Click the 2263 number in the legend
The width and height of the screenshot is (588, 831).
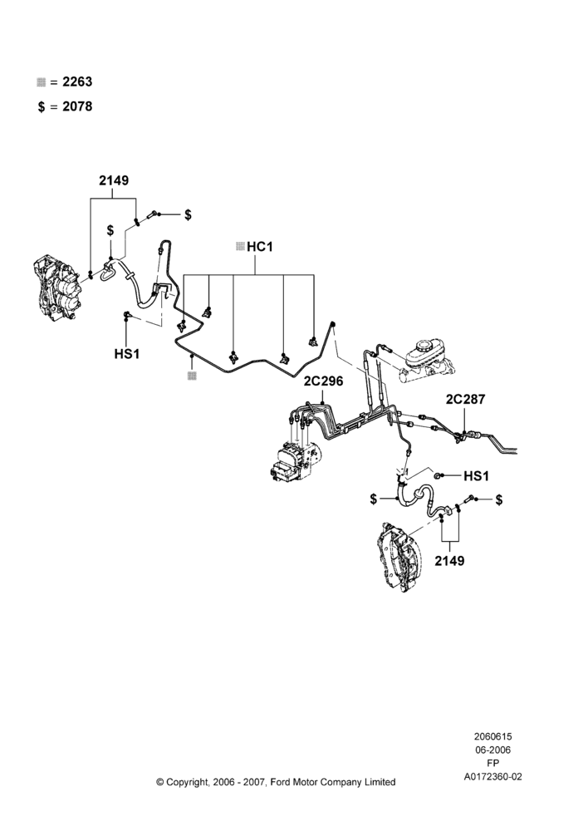pyautogui.click(x=77, y=81)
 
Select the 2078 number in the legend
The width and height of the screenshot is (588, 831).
pyautogui.click(x=77, y=106)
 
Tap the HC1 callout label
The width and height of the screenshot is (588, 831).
pyautogui.click(x=260, y=247)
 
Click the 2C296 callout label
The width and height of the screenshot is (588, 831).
pyautogui.click(x=323, y=381)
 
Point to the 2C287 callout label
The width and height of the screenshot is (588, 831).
pyautogui.click(x=465, y=399)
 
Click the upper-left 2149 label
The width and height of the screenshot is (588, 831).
pyautogui.click(x=114, y=180)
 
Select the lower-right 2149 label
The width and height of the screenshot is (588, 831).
pyautogui.click(x=450, y=561)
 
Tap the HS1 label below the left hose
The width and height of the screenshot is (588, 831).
pyautogui.click(x=127, y=353)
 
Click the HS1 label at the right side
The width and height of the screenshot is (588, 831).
pyautogui.click(x=476, y=476)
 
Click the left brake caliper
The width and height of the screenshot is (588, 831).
pyautogui.click(x=58, y=289)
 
